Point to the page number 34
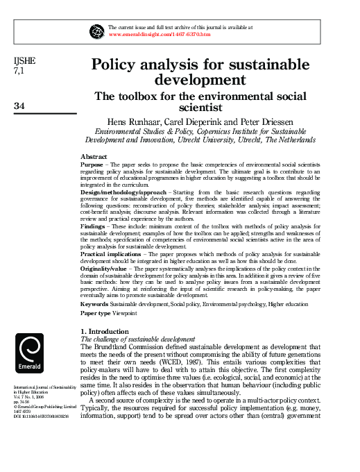click(x=19, y=106)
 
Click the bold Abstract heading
click(x=94, y=157)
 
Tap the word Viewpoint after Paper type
click(x=124, y=314)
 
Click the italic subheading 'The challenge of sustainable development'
click(x=139, y=339)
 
